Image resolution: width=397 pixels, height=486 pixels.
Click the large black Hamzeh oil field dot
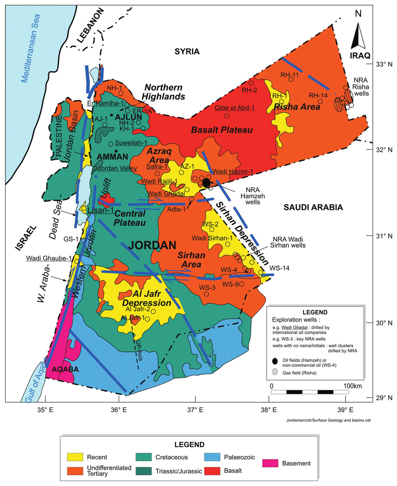(206, 183)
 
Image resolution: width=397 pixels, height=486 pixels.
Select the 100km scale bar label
(354, 386)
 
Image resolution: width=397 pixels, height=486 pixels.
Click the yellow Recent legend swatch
(76, 457)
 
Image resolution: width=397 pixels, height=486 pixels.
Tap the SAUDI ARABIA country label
(313, 207)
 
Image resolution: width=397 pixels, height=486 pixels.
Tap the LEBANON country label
(90, 28)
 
